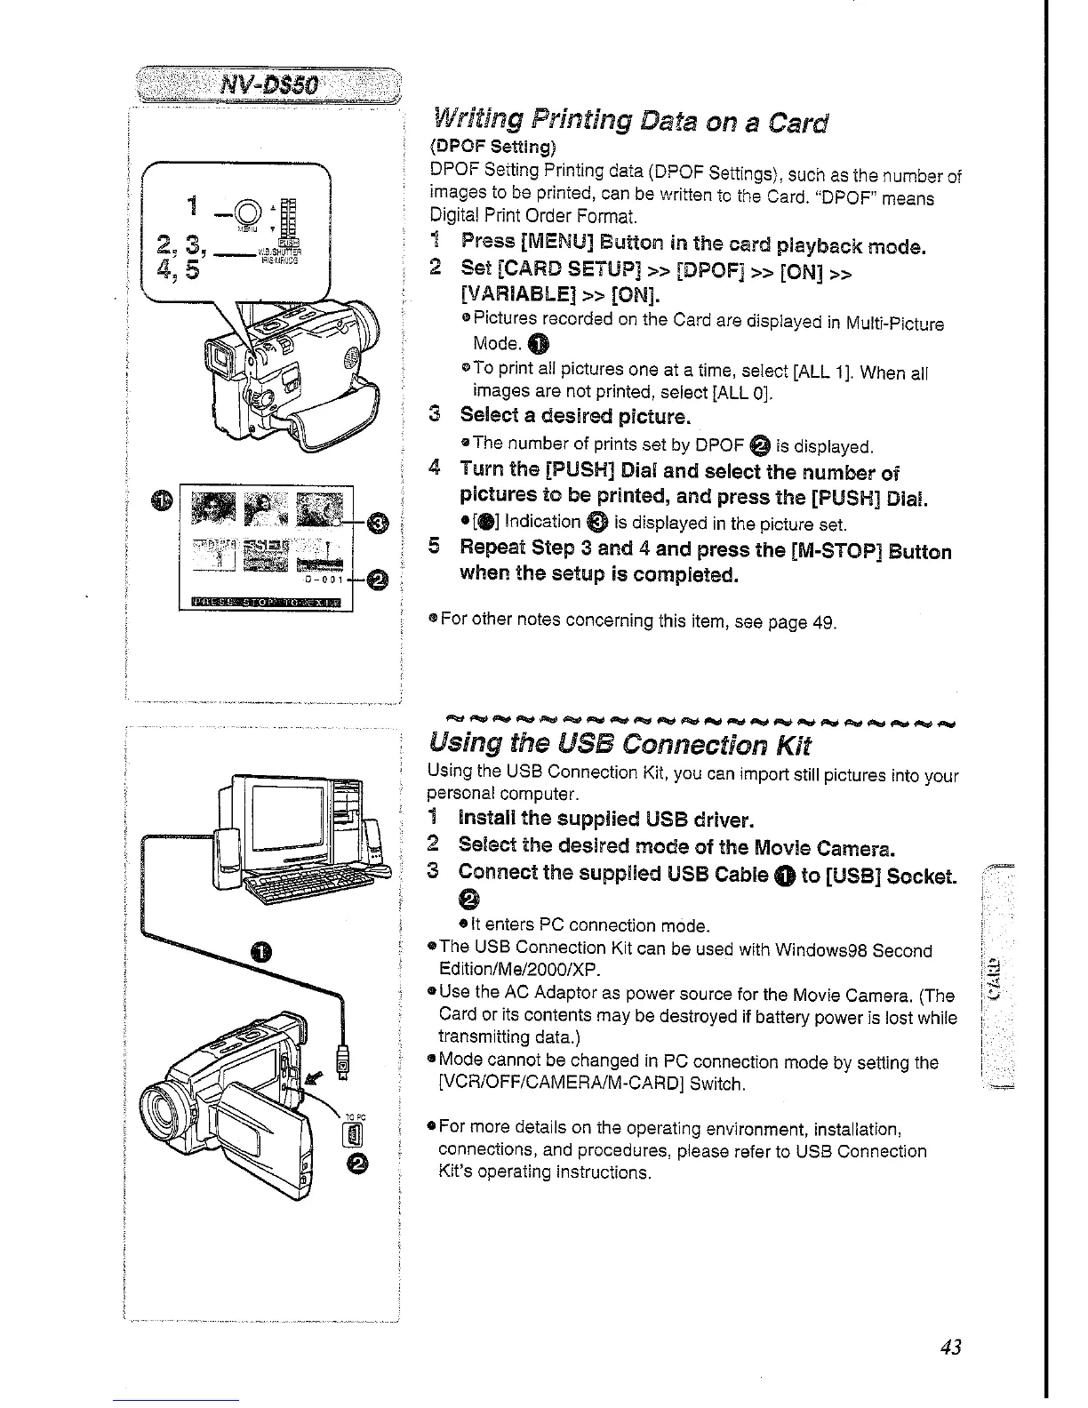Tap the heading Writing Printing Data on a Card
click(629, 120)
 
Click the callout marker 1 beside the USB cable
click(260, 954)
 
